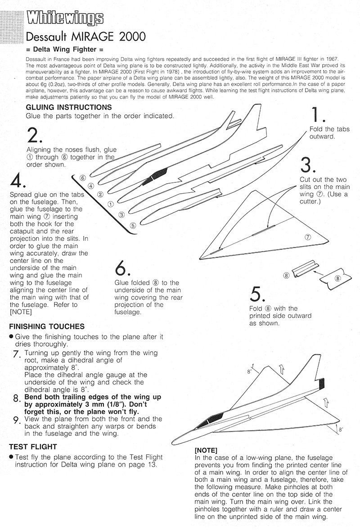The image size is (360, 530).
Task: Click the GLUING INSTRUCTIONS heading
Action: pyautogui.click(x=69, y=107)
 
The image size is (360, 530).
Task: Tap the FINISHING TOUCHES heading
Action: pyautogui.click(x=46, y=326)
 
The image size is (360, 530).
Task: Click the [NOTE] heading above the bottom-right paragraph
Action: pyautogui.click(x=206, y=450)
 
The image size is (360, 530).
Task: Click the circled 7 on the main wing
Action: pyautogui.click(x=308, y=237)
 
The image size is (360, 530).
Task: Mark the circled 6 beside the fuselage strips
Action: pyautogui.click(x=83, y=177)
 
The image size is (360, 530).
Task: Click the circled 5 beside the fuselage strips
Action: pyautogui.click(x=132, y=225)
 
